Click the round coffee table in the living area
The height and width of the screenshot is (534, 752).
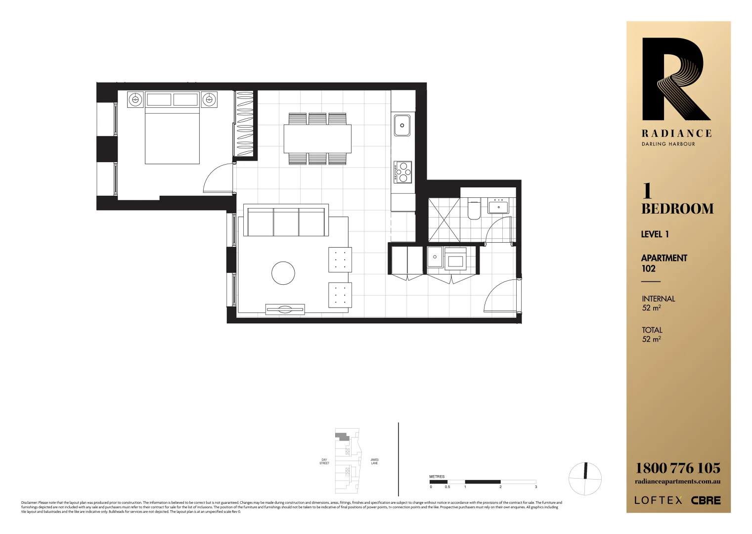click(283, 273)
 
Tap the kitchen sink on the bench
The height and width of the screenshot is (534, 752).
click(402, 125)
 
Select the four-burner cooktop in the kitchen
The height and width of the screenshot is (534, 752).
click(403, 172)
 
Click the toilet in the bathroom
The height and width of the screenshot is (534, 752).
click(474, 210)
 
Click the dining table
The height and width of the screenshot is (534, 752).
click(317, 139)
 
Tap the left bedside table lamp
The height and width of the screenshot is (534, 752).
click(135, 99)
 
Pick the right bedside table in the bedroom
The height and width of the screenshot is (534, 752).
click(209, 99)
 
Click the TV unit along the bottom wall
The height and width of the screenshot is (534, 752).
click(285, 310)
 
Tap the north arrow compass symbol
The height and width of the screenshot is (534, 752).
click(585, 479)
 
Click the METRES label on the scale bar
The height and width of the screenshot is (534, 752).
click(437, 477)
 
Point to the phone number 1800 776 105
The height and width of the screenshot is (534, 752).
click(677, 468)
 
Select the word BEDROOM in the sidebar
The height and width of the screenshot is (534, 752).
click(677, 209)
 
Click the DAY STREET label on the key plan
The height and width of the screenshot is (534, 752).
click(324, 461)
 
